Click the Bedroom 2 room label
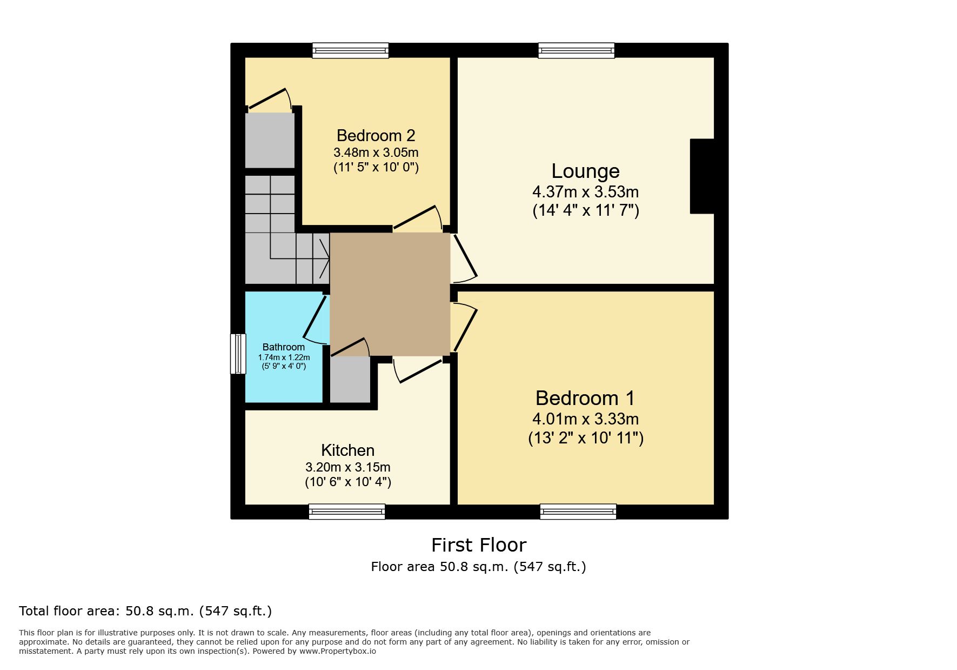[x=376, y=135]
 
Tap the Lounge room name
[x=585, y=171]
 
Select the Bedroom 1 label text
[x=585, y=398]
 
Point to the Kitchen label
[x=347, y=450]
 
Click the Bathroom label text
[x=284, y=347]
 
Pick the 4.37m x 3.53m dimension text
[x=585, y=192]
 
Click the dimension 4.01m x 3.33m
[x=585, y=419]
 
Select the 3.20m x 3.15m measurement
[x=347, y=467]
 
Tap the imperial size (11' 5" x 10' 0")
[x=376, y=167]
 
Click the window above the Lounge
[x=576, y=50]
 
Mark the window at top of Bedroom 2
[x=350, y=50]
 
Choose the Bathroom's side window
[x=238, y=354]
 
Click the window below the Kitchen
[x=347, y=512]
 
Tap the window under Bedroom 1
[x=578, y=512]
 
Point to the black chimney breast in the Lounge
[x=702, y=176]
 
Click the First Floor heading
[x=479, y=545]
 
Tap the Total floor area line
[x=145, y=611]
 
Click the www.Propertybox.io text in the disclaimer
[x=338, y=651]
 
